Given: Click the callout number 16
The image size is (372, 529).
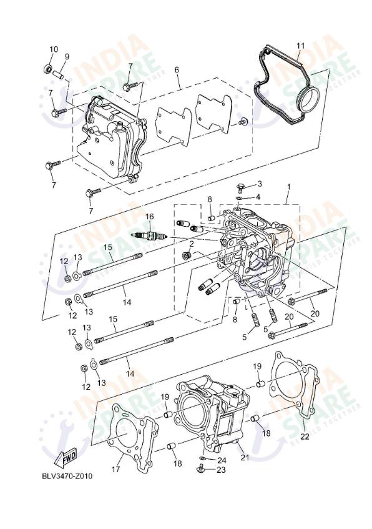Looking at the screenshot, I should click(x=149, y=217).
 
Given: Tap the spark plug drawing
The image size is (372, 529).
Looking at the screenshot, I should click(x=149, y=235).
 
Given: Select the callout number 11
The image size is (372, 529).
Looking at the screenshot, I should click(x=300, y=46).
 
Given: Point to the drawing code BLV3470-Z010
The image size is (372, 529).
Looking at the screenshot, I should click(x=67, y=476).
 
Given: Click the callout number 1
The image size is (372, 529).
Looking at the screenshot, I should click(x=288, y=187).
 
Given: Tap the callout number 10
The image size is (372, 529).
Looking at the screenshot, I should click(x=53, y=49).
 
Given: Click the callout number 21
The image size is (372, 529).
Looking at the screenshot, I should click(x=245, y=458).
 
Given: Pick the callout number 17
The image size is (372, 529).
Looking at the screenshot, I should click(x=116, y=469).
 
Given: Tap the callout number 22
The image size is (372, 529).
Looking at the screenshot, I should click(x=304, y=437).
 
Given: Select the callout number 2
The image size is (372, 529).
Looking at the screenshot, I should click(x=191, y=244).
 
